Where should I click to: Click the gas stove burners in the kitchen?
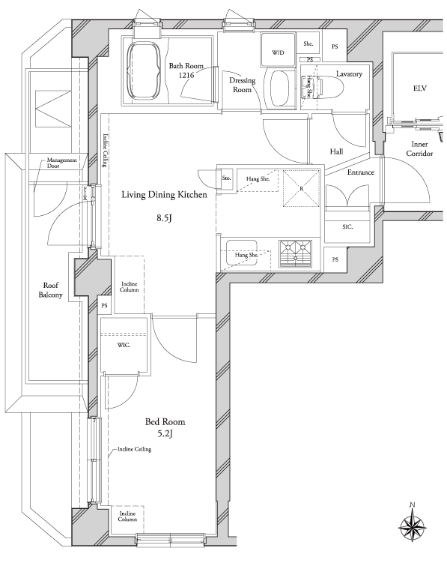(295, 253)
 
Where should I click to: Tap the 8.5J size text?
(164, 217)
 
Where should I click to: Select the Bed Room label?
(165, 421)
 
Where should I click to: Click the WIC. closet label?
(124, 345)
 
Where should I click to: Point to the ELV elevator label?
(420, 88)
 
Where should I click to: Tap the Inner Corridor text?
(419, 148)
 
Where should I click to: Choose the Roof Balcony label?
(51, 290)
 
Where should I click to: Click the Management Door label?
(61, 163)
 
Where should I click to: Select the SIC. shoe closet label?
(347, 226)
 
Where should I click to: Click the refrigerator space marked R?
(301, 188)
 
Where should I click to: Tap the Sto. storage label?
(226, 178)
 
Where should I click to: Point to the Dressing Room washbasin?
(280, 88)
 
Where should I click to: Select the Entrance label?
(360, 172)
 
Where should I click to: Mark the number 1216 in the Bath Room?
(186, 75)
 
